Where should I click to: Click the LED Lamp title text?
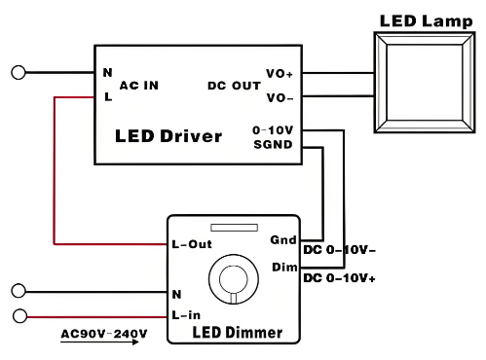[426, 19]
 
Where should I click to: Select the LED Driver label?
[168, 135]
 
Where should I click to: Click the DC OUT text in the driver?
[234, 86]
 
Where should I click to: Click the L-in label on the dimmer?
[187, 314]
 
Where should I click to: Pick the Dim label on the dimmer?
[282, 267]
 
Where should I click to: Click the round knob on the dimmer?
[233, 277]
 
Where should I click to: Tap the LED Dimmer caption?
[237, 333]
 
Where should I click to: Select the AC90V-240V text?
[103, 334]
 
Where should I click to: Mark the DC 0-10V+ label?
[340, 278]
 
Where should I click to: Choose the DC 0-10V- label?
[340, 250]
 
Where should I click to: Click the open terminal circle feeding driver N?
[18, 72]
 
